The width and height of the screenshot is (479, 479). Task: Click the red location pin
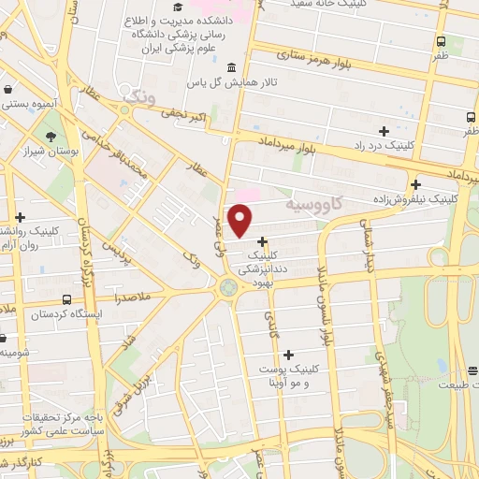[x=240, y=220]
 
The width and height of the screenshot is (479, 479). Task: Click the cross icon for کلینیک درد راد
[x=384, y=131]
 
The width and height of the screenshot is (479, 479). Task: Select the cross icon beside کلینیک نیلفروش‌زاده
[x=415, y=184]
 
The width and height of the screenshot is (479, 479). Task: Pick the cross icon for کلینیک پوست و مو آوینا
[x=288, y=355]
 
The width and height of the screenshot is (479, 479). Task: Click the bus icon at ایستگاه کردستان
[x=65, y=299]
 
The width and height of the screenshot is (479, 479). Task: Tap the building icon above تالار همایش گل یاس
[x=231, y=68]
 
